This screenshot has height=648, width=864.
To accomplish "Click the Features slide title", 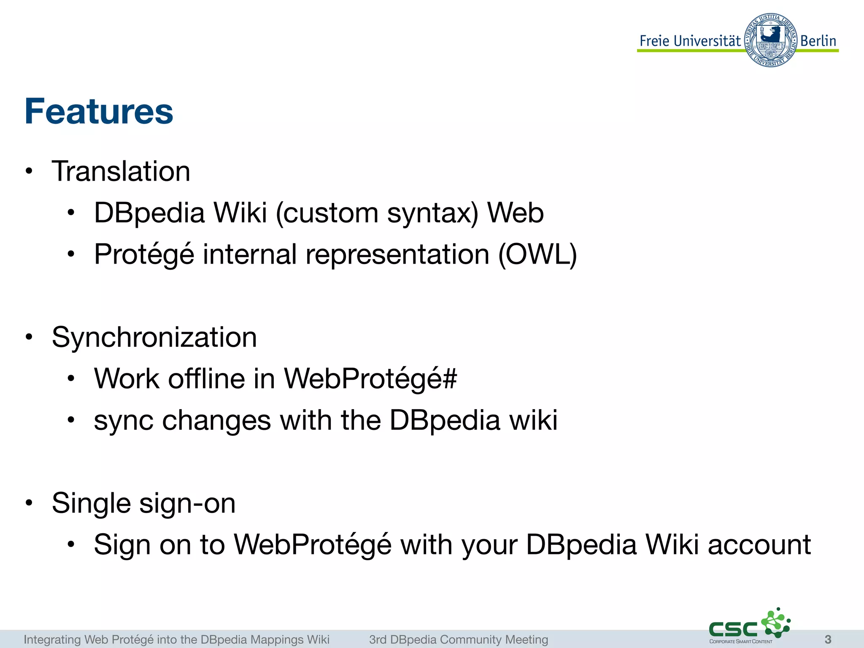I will pos(99,111).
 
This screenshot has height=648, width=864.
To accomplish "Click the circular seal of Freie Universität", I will pos(770,40).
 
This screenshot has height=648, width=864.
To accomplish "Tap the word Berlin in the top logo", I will pos(818,41).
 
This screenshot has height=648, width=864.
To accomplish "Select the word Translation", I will pos(121,172).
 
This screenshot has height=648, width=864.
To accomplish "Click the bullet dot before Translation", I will pos(29,172).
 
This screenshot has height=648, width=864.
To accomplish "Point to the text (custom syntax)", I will pos(377,213).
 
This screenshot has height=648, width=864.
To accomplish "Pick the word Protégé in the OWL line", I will pos(144,254).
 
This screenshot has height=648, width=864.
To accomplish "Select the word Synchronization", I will pos(154,337).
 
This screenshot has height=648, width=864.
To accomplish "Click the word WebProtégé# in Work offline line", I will pos(370,378).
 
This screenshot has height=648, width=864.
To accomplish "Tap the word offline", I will pos(207,378).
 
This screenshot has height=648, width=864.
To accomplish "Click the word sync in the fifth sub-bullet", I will pos(124,421).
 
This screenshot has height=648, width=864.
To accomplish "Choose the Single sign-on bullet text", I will pos(143,503).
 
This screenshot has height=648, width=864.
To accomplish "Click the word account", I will pos(759,545).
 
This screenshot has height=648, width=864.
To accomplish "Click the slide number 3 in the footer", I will pos(828,639).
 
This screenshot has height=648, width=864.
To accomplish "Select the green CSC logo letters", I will pos(733,629).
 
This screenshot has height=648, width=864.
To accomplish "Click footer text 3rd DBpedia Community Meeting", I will pos(459,640).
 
